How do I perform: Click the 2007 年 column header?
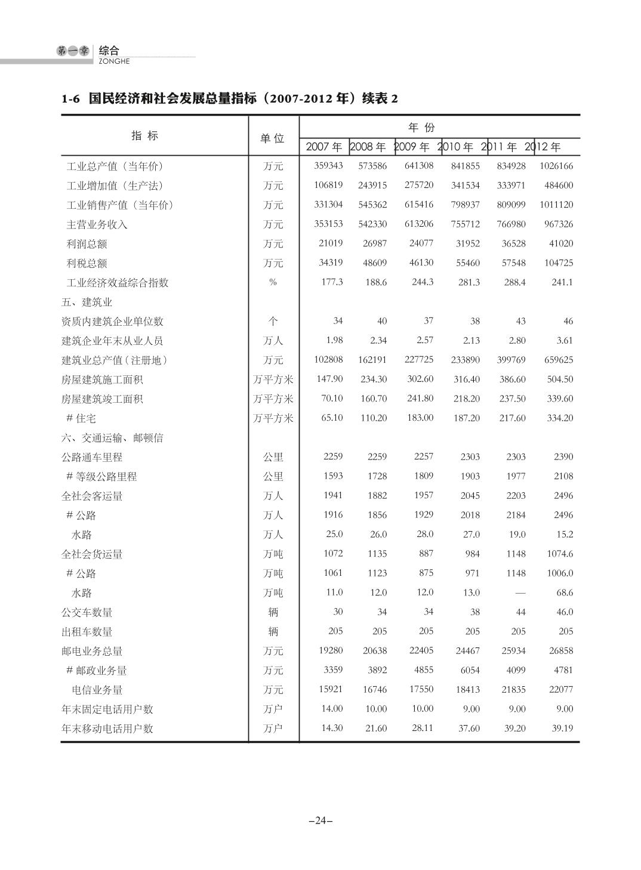coord(324,147)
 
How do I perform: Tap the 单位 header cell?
coord(273,138)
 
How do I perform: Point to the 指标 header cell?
coord(145,135)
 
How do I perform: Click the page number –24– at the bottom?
coord(320,820)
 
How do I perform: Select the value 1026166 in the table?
coord(556,166)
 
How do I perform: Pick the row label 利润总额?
coord(87,244)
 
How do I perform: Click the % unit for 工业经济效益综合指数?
coord(273,282)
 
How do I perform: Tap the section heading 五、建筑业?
coord(87,302)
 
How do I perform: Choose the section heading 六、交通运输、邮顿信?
coord(112,438)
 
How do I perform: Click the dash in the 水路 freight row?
coord(520,593)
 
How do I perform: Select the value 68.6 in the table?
coord(564,593)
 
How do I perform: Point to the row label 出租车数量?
coord(87,632)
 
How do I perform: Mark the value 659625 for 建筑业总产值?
coord(559,360)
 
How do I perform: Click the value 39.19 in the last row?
coord(562,728)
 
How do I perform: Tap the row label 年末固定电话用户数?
coord(107,709)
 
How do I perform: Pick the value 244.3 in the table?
coord(423,282)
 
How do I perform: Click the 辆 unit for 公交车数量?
coord(273,612)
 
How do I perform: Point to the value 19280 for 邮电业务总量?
coord(331,650)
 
